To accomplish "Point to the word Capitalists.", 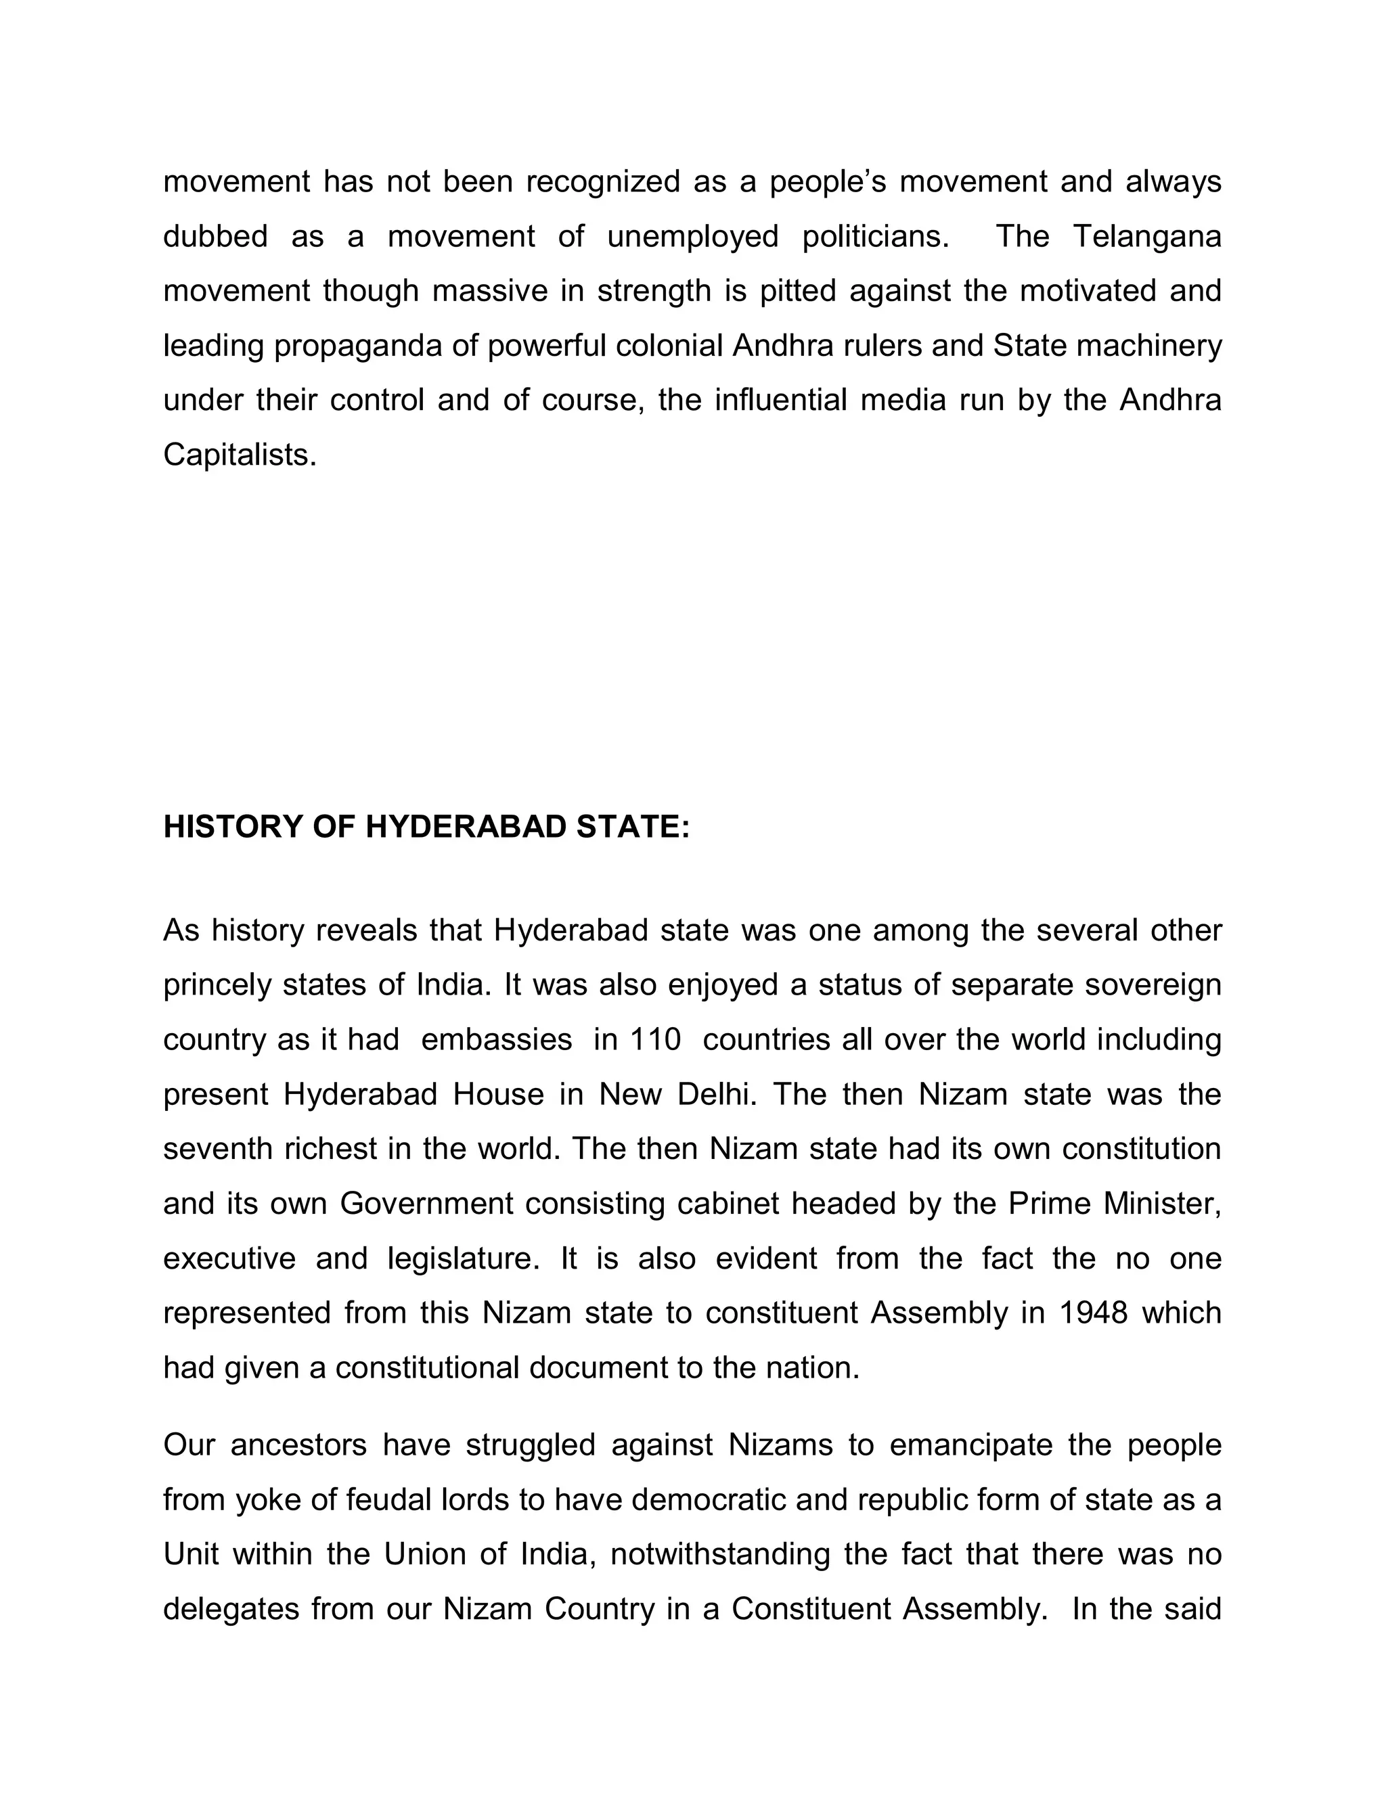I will click(x=240, y=455).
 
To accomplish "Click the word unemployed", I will click(x=692, y=236).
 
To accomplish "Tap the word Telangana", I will click(x=1146, y=236).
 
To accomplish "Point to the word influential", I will click(x=781, y=401).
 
